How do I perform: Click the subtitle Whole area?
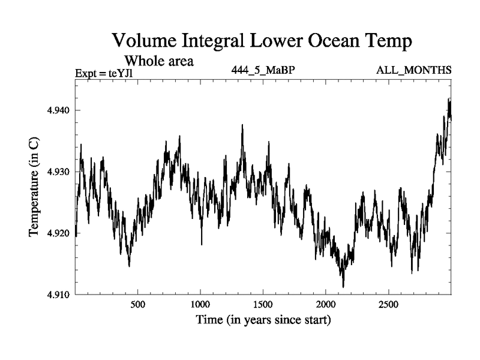[159, 61]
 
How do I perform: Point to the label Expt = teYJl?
[106, 74]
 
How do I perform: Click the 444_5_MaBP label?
[263, 70]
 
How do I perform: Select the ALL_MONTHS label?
[413, 70]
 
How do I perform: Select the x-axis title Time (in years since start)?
[263, 320]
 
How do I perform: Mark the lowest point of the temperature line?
[343, 287]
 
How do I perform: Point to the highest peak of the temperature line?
[449, 98]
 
